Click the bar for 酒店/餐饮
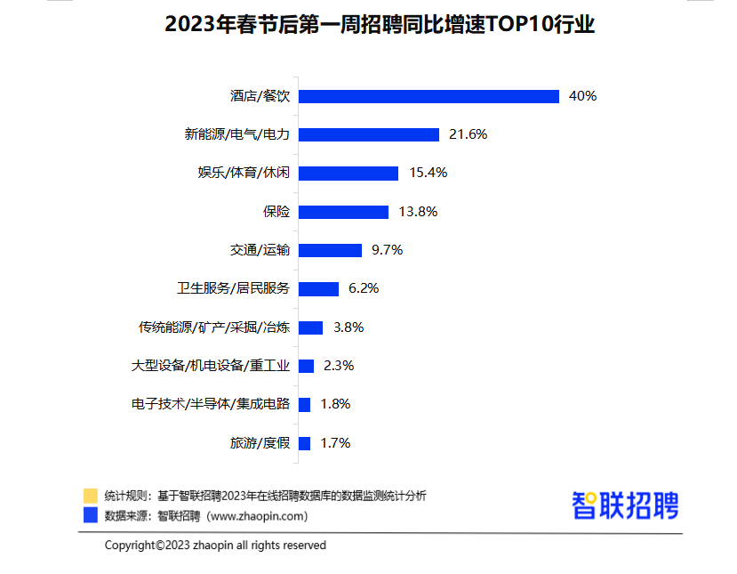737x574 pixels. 429,96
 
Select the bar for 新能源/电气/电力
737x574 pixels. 369,134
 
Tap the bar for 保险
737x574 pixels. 343,212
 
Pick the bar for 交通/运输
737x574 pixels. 330,250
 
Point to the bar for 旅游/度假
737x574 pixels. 304,442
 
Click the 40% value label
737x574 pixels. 582,96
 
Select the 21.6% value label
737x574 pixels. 469,134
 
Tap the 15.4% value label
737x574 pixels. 428,173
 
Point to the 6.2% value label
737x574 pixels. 364,288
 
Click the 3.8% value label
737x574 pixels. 348,327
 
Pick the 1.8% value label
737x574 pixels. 335,404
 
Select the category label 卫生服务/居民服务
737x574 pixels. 233,288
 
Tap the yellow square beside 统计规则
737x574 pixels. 90,496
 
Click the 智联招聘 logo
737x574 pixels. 625,505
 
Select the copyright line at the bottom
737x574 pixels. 215,545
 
